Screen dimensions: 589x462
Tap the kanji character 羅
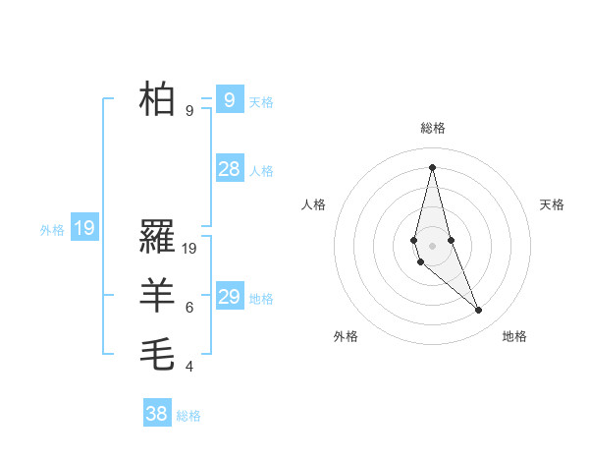pos(158,236)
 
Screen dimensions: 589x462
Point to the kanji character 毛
pos(158,354)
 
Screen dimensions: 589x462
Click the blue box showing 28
pos(229,169)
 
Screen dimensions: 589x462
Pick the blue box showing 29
pos(229,297)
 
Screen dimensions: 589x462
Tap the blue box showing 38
pos(156,414)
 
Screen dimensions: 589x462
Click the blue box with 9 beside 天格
pos(229,99)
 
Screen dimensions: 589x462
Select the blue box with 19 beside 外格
pos(84,229)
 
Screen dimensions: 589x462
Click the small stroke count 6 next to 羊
pos(189,308)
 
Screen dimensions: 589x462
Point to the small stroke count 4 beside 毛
pos(189,367)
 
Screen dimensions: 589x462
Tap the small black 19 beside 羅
pos(189,249)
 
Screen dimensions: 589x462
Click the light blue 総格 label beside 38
pos(188,416)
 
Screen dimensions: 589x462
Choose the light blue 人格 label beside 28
pos(261,171)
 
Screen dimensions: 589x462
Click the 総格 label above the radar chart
pos(432,128)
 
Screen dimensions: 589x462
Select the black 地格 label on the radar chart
pos(514,336)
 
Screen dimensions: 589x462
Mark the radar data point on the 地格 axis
pos(479,311)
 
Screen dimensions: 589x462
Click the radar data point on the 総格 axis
pos(432,166)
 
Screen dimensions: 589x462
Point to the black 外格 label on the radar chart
pos(346,336)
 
